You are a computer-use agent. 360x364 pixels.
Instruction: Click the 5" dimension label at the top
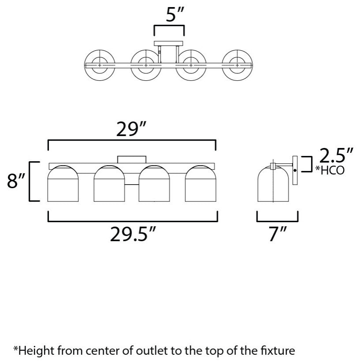click(175, 15)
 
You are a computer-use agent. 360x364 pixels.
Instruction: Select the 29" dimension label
click(131, 129)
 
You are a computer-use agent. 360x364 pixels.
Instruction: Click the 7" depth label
click(277, 234)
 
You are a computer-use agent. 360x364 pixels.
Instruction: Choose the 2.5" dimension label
click(336, 155)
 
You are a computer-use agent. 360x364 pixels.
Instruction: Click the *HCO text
click(330, 170)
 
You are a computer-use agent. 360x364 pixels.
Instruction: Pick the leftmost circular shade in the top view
click(100, 65)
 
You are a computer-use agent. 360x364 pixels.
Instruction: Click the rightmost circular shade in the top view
click(237, 65)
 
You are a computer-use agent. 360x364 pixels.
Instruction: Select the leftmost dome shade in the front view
click(63, 183)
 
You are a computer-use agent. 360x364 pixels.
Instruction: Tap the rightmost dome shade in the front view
click(201, 183)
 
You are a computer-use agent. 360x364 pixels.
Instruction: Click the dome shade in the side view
click(273, 183)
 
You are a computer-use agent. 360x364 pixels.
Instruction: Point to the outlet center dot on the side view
click(295, 171)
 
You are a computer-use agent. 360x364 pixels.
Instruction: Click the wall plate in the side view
click(295, 170)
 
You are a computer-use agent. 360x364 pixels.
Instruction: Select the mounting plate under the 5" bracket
click(169, 43)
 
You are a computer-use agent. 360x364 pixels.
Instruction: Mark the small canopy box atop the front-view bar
click(131, 159)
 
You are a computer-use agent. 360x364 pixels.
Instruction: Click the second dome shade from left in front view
click(109, 183)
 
